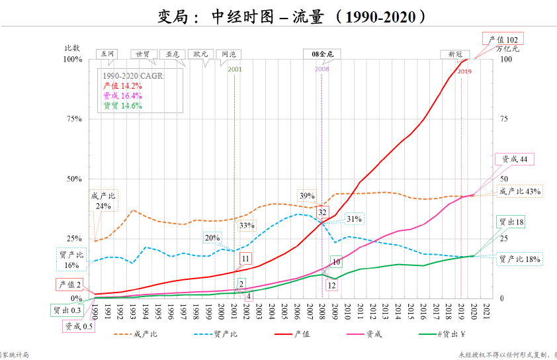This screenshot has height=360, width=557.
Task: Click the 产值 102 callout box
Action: tap(503, 40)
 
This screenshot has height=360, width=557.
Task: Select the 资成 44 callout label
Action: tap(514, 159)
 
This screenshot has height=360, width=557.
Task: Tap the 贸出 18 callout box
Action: tap(510, 222)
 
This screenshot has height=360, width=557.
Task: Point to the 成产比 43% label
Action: tap(520, 191)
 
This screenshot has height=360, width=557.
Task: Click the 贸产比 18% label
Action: tap(519, 259)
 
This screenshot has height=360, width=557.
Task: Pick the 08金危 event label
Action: tap(322, 54)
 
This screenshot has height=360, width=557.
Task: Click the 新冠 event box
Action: tap(455, 54)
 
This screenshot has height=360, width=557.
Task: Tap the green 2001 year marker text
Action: tap(235, 69)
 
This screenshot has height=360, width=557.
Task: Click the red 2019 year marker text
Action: tap(464, 71)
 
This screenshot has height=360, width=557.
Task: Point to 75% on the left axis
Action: tap(72, 119)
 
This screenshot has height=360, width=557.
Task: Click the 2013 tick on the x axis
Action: tap(385, 312)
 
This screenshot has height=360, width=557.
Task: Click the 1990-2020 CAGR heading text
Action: tap(133, 76)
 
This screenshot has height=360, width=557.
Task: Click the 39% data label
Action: tap(307, 196)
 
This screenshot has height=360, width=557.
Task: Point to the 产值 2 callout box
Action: tap(69, 285)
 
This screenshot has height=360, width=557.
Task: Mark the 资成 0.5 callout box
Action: tap(79, 326)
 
